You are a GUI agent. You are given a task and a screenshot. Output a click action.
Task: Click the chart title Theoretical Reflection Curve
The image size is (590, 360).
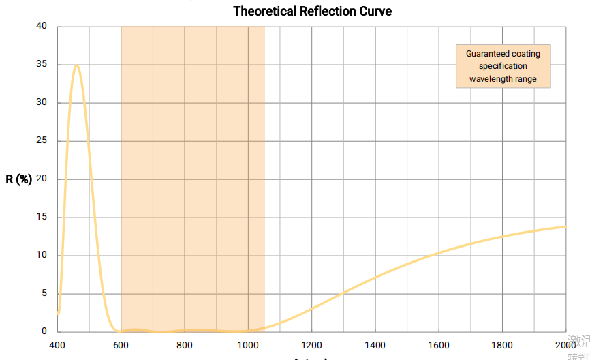pyautogui.click(x=312, y=11)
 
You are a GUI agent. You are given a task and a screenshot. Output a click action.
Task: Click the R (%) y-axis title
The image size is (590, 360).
pyautogui.click(x=19, y=180)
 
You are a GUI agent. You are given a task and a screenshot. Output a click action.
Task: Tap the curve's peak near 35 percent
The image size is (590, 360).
pyautogui.click(x=77, y=66)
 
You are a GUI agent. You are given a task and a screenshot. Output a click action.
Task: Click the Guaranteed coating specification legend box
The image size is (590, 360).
pyautogui.click(x=503, y=66)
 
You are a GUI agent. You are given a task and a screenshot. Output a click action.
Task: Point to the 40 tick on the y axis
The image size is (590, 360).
pyautogui.click(x=42, y=27)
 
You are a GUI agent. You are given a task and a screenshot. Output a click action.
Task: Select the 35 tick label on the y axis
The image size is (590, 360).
pyautogui.click(x=42, y=65)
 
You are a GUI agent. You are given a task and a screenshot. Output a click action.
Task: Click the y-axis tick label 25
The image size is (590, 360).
pyautogui.click(x=42, y=141)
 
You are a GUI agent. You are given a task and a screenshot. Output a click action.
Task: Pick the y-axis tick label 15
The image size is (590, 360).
pyautogui.click(x=42, y=217)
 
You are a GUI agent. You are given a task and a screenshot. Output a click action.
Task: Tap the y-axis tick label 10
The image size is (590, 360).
pyautogui.click(x=42, y=256)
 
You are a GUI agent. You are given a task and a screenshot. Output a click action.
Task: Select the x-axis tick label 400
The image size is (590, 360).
pyautogui.click(x=57, y=345)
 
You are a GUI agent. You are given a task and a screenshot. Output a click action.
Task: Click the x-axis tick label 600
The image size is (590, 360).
pyautogui.click(x=121, y=345)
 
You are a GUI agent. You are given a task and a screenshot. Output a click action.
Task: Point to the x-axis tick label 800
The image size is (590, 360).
pyautogui.click(x=185, y=345)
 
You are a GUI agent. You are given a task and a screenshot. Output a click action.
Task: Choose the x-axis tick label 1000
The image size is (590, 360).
pyautogui.click(x=248, y=345)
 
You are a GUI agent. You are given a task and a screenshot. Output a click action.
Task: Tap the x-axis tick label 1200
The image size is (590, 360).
pyautogui.click(x=311, y=345)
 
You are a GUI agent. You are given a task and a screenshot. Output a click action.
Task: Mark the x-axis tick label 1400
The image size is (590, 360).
pyautogui.click(x=375, y=345)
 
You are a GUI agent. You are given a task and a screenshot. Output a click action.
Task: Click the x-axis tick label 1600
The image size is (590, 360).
pyautogui.click(x=439, y=345)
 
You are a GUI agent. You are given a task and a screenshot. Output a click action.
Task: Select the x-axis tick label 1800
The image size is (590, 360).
pyautogui.click(x=502, y=345)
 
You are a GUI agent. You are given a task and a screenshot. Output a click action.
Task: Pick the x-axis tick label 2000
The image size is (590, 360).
pyautogui.click(x=565, y=345)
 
